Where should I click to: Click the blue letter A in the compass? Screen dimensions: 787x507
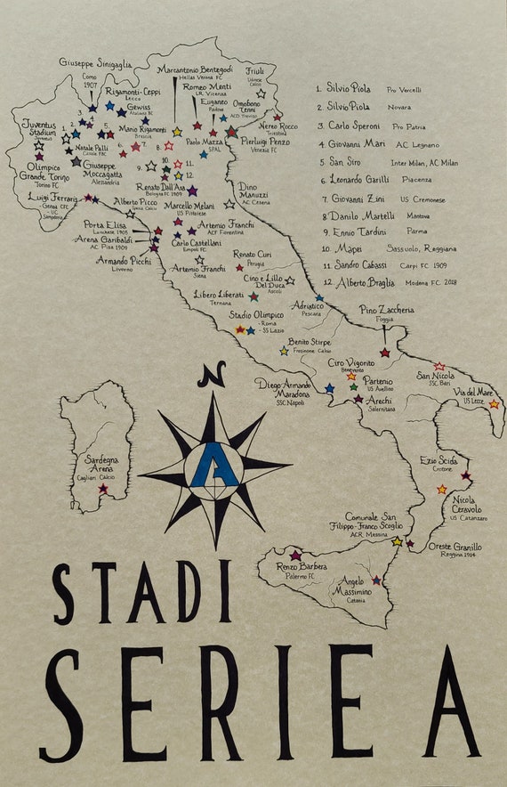pyautogui.click(x=214, y=464)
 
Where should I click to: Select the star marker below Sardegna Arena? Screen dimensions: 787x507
pyautogui.click(x=103, y=488)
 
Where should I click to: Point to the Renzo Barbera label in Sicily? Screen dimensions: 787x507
pyautogui.click(x=302, y=566)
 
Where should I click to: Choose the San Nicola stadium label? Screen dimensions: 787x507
pyautogui.click(x=436, y=376)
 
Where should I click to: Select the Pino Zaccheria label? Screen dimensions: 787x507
pyautogui.click(x=386, y=309)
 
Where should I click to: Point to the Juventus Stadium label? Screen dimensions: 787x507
pyautogui.click(x=43, y=128)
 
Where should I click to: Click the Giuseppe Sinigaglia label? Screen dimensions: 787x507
pyautogui.click(x=95, y=63)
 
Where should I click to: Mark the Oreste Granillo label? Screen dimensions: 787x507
pyautogui.click(x=455, y=547)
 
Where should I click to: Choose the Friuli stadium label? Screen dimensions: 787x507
pyautogui.click(x=255, y=70)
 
